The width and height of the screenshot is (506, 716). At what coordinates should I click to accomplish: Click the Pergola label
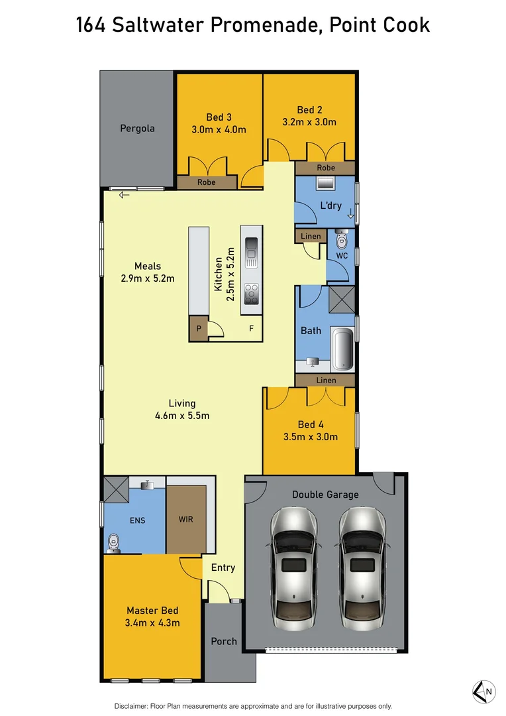pyautogui.click(x=137, y=128)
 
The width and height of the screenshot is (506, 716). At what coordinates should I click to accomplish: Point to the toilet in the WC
pyautogui.click(x=342, y=239)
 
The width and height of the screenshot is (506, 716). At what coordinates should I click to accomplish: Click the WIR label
pyautogui.click(x=186, y=519)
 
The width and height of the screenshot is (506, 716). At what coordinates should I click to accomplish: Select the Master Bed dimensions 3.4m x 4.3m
pyautogui.click(x=153, y=623)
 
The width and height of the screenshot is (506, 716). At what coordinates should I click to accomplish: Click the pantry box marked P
pyautogui.click(x=198, y=328)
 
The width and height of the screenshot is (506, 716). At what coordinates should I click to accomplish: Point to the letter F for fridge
pyautogui.click(x=251, y=328)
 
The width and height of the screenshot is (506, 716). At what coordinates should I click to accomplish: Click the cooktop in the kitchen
pyautogui.click(x=251, y=292)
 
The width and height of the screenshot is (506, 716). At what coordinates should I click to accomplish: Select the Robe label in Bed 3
pyautogui.click(x=207, y=182)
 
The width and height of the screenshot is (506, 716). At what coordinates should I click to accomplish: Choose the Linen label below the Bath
pyautogui.click(x=326, y=381)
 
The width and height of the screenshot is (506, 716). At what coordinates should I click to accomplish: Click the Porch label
pyautogui.click(x=224, y=641)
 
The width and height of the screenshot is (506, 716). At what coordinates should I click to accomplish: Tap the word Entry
pyautogui.click(x=223, y=567)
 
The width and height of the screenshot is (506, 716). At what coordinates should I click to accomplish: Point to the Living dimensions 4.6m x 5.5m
pyautogui.click(x=181, y=416)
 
